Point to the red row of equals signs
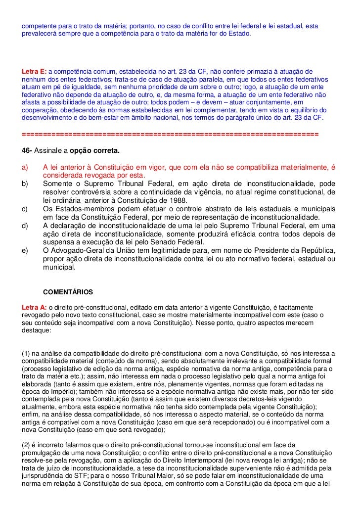(x=171, y=134)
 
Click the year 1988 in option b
(x=178, y=200)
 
